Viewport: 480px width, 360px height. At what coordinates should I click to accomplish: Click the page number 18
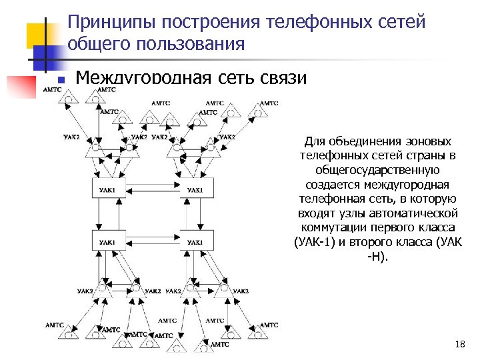[x=459, y=344]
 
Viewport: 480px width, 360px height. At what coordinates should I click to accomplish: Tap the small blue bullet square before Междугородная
[x=61, y=80]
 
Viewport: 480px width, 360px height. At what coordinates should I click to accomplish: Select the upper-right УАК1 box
[x=196, y=191]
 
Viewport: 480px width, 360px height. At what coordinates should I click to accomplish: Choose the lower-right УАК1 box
[x=196, y=241]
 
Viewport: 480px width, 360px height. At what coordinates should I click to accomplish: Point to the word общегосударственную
[x=377, y=170]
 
